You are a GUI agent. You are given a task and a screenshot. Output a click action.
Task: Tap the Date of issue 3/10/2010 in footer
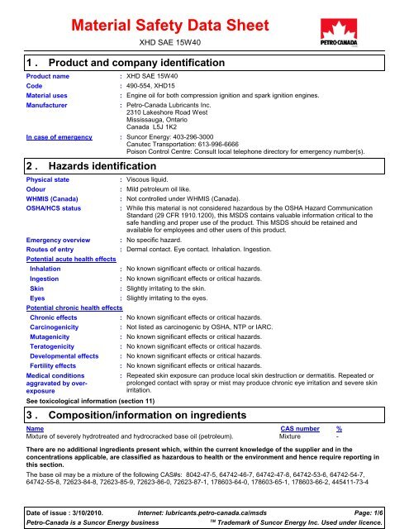click(63, 505)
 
